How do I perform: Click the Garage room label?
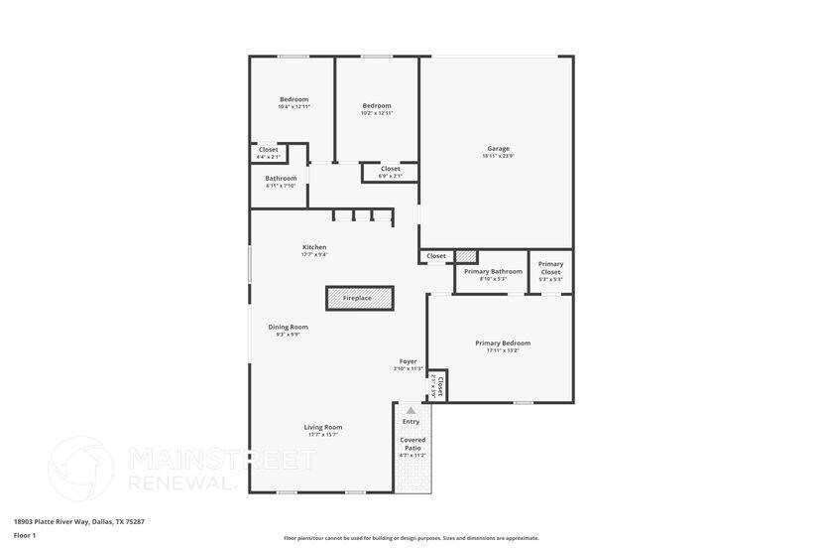point(498,149)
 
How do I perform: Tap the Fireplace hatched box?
point(359,298)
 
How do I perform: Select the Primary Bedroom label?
point(503,343)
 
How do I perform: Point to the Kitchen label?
point(314,247)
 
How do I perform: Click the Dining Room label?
point(288,327)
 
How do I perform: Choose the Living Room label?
point(323,427)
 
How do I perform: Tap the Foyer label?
point(408,361)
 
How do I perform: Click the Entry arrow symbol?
point(411,409)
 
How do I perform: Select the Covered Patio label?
point(412,444)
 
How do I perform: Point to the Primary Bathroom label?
point(493,271)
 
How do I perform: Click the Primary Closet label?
point(550,268)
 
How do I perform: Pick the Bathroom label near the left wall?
point(281,179)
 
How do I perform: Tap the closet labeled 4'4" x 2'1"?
point(269,157)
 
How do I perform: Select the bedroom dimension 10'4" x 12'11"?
point(294,107)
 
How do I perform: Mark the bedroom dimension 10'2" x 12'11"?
point(377,113)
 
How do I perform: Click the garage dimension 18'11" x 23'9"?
point(498,156)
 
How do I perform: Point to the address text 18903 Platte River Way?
point(79,521)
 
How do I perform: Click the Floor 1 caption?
point(25,535)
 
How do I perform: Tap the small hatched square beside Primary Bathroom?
point(466,256)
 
